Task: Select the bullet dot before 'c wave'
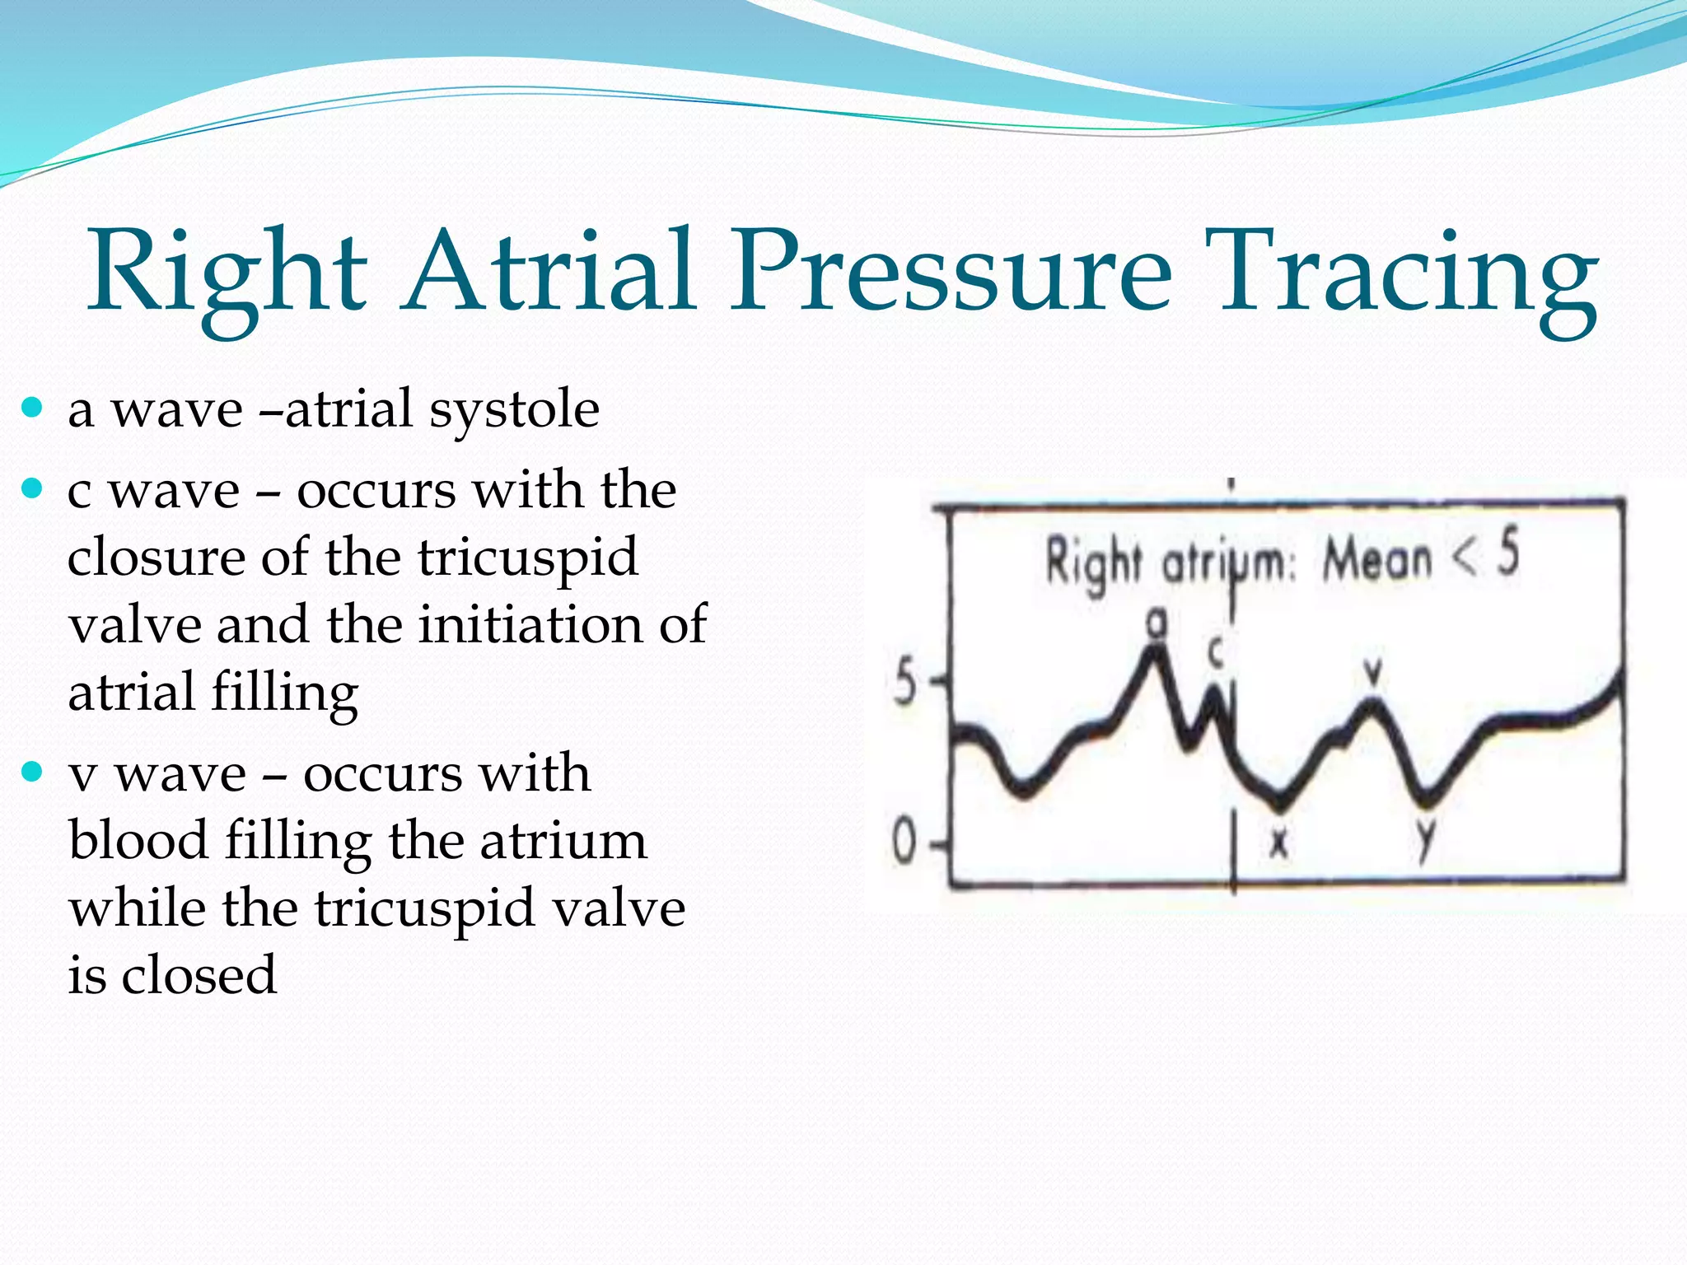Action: [x=32, y=488]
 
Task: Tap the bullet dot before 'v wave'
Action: [x=32, y=772]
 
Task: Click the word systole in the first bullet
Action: [x=514, y=409]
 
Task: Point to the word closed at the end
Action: [x=199, y=975]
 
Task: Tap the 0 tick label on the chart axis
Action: [x=904, y=843]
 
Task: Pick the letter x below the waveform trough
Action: [x=1278, y=842]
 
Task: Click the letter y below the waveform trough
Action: [x=1425, y=841]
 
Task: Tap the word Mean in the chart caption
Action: [x=1377, y=560]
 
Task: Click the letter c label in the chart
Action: [x=1216, y=652]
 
